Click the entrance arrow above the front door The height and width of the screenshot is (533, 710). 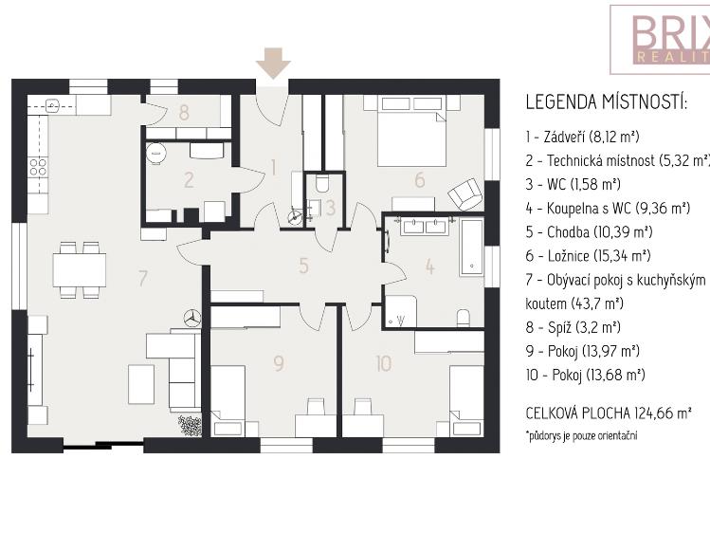tap(273, 64)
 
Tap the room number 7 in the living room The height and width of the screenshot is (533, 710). tap(143, 278)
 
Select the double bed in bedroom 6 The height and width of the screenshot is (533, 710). tap(410, 131)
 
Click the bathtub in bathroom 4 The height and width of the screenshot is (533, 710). tap(472, 248)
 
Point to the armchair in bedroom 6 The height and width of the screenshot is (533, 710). tap(464, 193)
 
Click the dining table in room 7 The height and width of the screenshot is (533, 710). tap(80, 270)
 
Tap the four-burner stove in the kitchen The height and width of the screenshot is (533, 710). tap(38, 167)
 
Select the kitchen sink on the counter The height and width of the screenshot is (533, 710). tap(53, 106)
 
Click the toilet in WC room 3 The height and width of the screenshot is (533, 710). tap(322, 183)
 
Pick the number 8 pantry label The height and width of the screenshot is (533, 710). tap(183, 112)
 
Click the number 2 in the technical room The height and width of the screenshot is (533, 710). tap(189, 180)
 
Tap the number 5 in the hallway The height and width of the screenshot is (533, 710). tap(304, 266)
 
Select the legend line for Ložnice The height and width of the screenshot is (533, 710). tap(588, 256)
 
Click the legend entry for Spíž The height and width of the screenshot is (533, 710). tap(573, 327)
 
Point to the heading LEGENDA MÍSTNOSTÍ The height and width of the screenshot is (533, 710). tap(607, 101)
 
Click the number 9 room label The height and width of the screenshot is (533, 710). tap(279, 363)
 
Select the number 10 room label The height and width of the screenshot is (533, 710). tap(384, 363)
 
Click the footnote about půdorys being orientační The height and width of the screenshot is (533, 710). tap(581, 435)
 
